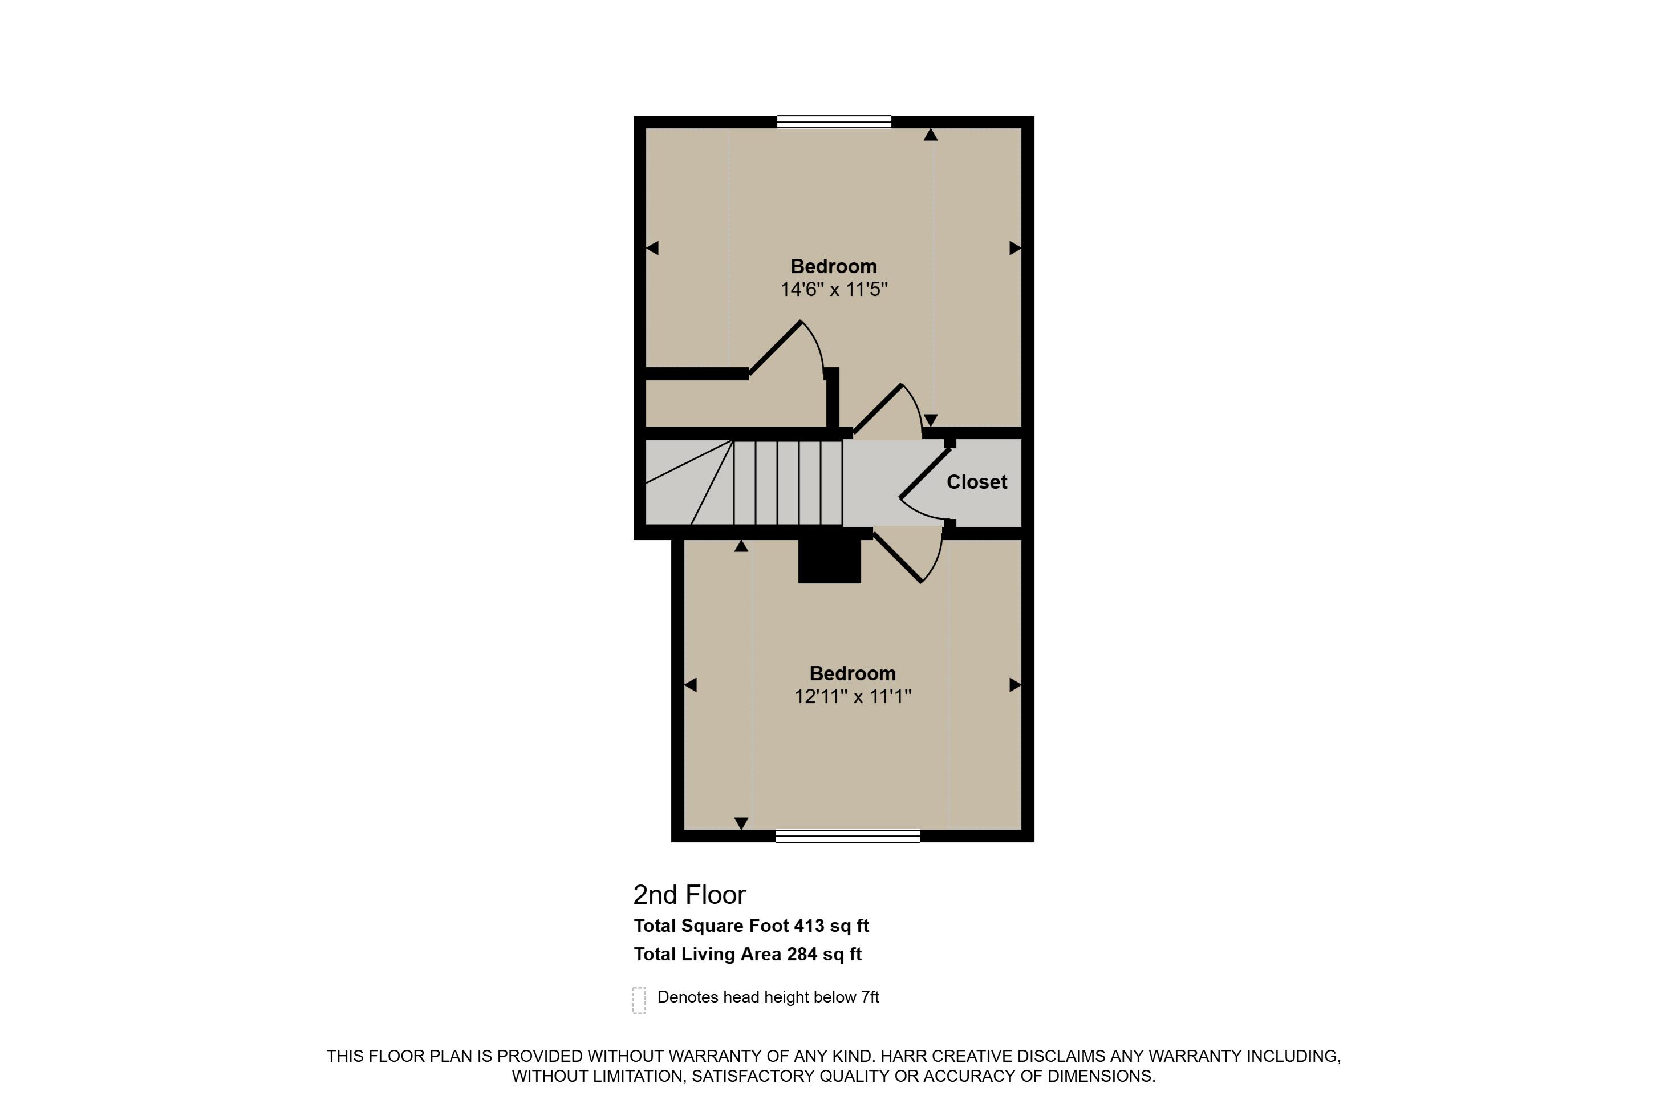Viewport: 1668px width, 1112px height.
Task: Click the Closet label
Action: click(x=976, y=482)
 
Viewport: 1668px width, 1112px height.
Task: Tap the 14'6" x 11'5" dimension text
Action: click(x=834, y=289)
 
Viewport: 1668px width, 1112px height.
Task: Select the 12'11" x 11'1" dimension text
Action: click(x=853, y=696)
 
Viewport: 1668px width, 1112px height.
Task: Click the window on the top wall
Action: click(x=834, y=122)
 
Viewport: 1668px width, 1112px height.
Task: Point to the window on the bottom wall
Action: click(x=847, y=836)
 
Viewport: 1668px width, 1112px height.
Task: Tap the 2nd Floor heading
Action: click(x=689, y=895)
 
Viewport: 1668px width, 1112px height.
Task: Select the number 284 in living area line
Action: click(x=802, y=954)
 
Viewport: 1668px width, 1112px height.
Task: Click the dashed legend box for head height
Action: click(x=639, y=1000)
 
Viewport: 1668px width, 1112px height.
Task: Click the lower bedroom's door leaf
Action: click(x=898, y=558)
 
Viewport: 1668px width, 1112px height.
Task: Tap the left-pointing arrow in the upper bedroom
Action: click(x=652, y=248)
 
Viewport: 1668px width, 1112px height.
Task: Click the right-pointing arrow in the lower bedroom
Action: click(x=1015, y=685)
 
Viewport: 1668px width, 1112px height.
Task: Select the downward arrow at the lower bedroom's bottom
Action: click(x=741, y=823)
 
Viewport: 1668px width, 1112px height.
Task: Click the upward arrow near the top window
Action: click(x=931, y=135)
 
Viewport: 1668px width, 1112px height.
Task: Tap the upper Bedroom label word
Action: click(x=834, y=267)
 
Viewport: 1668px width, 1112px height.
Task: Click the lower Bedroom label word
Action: click(x=853, y=673)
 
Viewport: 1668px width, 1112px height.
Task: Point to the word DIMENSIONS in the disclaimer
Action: click(x=1101, y=1076)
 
